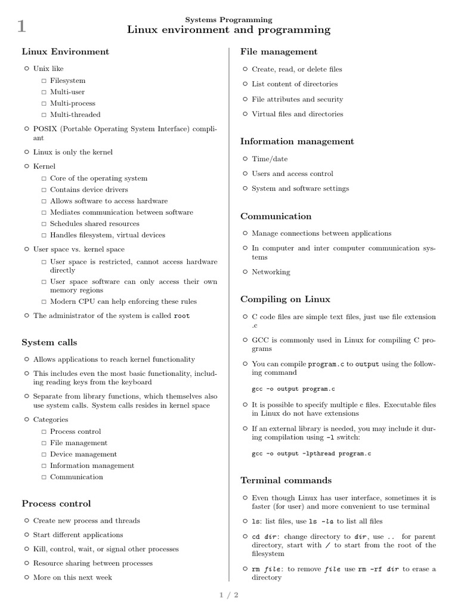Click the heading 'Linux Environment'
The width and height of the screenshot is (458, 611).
click(x=65, y=52)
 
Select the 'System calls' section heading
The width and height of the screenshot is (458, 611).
click(x=49, y=342)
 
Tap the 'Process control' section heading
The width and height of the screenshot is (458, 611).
click(x=56, y=504)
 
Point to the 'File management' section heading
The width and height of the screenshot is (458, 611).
click(x=278, y=52)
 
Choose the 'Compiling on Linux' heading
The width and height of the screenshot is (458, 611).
click(x=285, y=299)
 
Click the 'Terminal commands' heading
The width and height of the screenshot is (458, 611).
click(x=286, y=480)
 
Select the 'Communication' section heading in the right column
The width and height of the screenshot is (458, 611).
click(x=276, y=216)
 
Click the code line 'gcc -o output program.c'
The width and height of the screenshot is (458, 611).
click(x=293, y=389)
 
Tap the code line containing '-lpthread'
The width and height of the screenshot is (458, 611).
click(x=311, y=454)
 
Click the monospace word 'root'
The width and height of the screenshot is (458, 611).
click(x=181, y=316)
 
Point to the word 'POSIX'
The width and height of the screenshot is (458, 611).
click(x=44, y=129)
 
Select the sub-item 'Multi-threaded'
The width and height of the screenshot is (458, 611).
click(x=75, y=115)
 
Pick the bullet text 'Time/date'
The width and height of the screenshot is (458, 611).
click(x=270, y=159)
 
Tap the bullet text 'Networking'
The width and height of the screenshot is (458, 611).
click(x=271, y=272)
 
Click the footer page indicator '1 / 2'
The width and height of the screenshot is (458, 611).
click(x=230, y=595)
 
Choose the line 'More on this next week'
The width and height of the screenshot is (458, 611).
click(x=72, y=577)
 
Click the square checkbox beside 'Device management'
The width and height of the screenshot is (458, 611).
click(x=44, y=455)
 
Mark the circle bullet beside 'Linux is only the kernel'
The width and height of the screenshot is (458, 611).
click(x=26, y=152)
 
